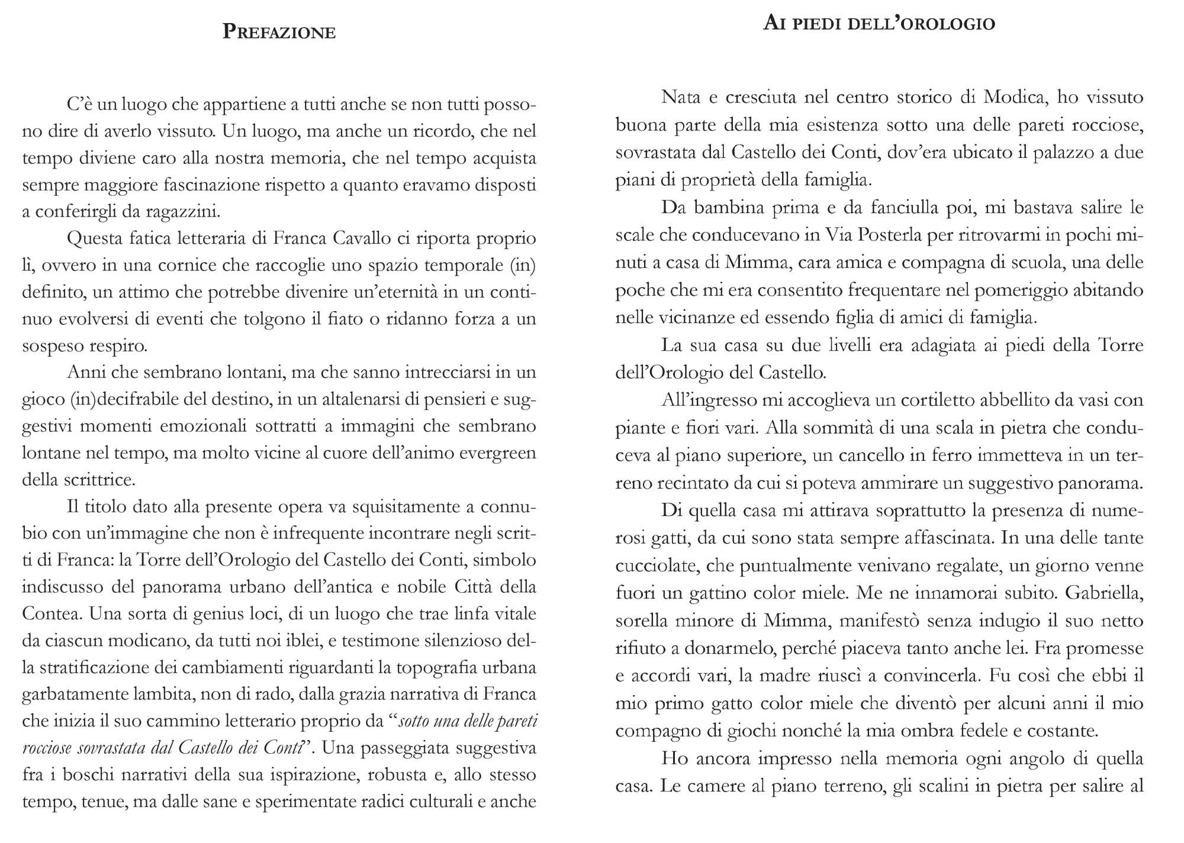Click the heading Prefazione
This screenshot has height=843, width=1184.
(x=279, y=31)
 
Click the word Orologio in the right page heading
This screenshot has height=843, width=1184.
(x=944, y=24)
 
